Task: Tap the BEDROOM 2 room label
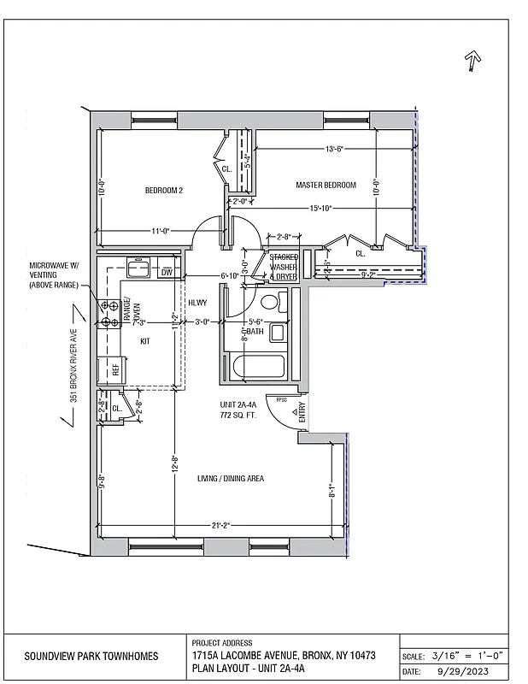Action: pos(163,190)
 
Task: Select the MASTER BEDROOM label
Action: pos(326,186)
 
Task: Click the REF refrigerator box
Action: pos(114,369)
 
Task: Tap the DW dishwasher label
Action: pos(167,273)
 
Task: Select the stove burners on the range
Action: pos(108,314)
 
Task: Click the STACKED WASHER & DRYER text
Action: pos(283,266)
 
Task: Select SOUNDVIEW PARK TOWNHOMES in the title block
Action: pos(91,656)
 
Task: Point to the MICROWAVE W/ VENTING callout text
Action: pos(54,275)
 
